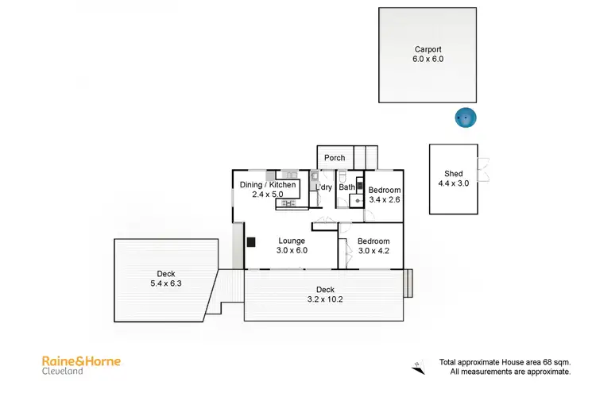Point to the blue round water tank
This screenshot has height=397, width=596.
point(465,118)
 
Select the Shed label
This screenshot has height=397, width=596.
point(454,174)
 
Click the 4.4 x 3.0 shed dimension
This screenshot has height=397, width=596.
point(454,183)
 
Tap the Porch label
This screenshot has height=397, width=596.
point(335,158)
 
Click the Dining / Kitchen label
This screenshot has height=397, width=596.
point(268,185)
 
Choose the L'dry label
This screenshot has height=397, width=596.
point(323,188)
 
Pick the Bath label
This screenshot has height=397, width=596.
point(347,188)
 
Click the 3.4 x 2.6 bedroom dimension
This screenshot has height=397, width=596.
point(385,200)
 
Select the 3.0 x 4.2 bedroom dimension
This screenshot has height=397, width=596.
point(373,251)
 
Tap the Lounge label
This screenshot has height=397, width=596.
point(292,241)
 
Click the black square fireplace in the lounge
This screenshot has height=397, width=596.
point(250,243)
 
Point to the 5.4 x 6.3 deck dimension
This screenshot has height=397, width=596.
point(166,283)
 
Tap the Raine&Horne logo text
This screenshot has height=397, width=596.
point(81,360)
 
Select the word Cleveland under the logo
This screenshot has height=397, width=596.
point(63,372)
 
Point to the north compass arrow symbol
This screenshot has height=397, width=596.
point(420,365)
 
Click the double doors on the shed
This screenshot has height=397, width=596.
point(481,168)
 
